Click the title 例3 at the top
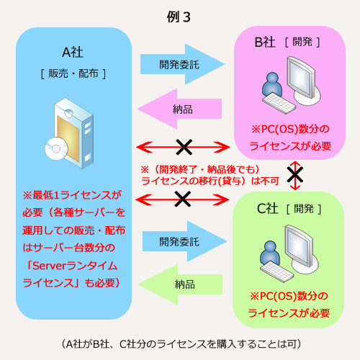(179, 17)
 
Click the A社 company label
(73, 52)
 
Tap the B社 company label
(265, 42)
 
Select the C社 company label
(267, 208)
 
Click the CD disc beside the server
(56, 149)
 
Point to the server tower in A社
(73, 133)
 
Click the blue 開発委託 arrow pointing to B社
(183, 64)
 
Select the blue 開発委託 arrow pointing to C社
(184, 241)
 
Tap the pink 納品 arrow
(179, 109)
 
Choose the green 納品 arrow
(180, 284)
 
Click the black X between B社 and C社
(295, 175)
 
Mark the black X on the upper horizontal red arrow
(184, 147)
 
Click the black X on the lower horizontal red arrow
(183, 199)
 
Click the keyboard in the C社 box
(277, 272)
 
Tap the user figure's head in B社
(272, 78)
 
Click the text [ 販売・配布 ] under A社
(73, 73)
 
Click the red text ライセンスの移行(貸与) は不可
(210, 181)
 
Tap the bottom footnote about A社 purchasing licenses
(181, 344)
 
